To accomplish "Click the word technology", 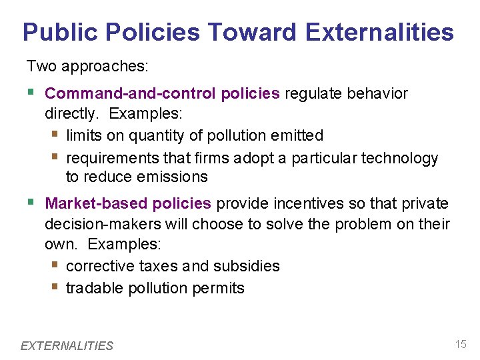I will pyautogui.click(x=399, y=158).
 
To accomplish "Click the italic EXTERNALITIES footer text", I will pyautogui.click(x=67, y=345).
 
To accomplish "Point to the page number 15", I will pyautogui.click(x=460, y=344).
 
